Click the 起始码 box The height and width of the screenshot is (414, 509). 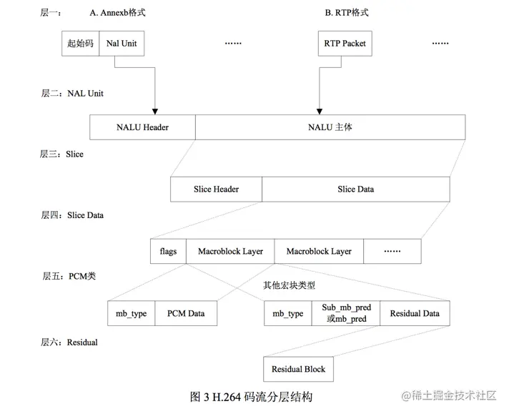tap(81, 44)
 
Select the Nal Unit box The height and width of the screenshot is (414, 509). tap(122, 44)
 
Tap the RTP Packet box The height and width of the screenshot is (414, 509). tap(345, 44)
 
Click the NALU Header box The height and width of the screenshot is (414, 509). tap(142, 127)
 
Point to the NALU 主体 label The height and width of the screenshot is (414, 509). tap(330, 127)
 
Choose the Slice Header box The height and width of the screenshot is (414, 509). tap(216, 189)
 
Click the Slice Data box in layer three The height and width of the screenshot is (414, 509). tap(356, 189)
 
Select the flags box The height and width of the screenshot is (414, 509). tap(168, 251)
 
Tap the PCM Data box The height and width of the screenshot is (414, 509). tap(186, 313)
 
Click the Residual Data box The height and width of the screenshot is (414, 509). tap(415, 313)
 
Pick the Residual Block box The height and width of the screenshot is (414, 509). tap(298, 369)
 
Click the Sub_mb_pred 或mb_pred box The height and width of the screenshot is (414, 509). tap(346, 313)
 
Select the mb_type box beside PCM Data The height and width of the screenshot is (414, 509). tap(132, 313)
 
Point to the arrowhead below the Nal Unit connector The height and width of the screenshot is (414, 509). tap(155, 112)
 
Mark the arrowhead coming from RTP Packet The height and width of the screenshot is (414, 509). tap(320, 112)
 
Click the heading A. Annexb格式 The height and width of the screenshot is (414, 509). tap(117, 13)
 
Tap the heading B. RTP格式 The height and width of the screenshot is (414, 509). tap(347, 13)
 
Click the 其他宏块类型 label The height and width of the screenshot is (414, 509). tap(289, 285)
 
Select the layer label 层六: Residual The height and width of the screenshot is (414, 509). tap(69, 342)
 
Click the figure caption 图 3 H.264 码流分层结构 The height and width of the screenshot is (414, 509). tap(251, 397)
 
